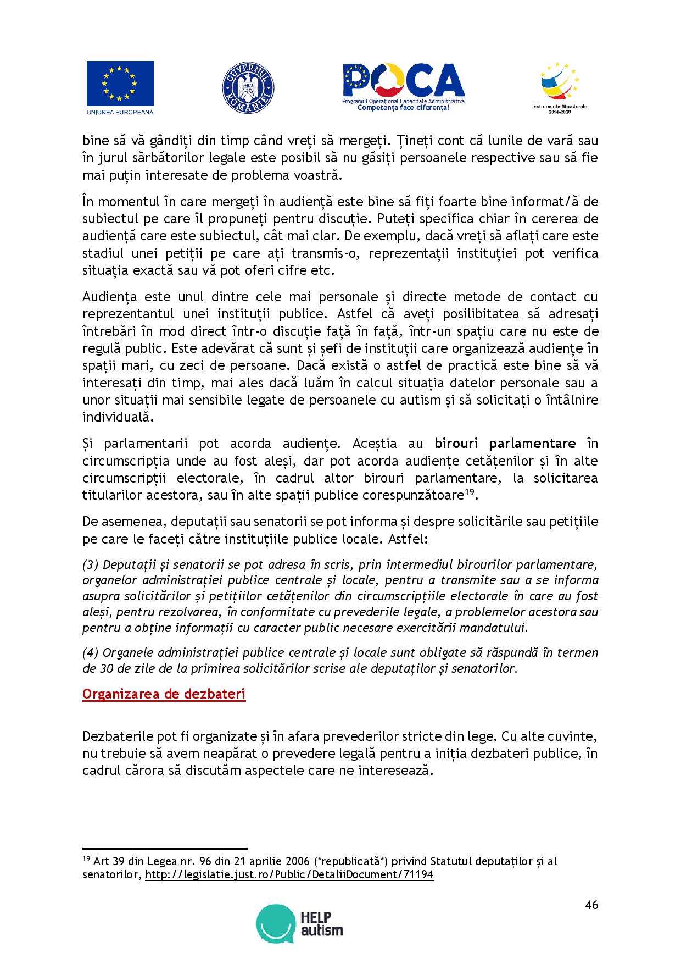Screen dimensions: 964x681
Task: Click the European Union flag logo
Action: click(x=120, y=84)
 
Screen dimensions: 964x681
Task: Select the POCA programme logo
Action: click(x=404, y=84)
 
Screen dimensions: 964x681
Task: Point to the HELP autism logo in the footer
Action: click(x=300, y=925)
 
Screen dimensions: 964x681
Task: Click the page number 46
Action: click(x=591, y=905)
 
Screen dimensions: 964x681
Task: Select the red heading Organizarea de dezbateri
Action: click(x=164, y=694)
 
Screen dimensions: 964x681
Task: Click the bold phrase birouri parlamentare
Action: click(x=505, y=443)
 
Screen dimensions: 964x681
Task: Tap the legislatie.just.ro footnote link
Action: click(x=289, y=874)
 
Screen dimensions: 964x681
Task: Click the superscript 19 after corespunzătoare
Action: click(x=470, y=491)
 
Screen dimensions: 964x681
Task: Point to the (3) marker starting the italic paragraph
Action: click(x=90, y=564)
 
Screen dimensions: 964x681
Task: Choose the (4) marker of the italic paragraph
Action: click(x=90, y=652)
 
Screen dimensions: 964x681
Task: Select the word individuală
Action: click(x=116, y=417)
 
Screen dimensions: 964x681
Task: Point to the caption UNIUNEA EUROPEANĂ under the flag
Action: click(x=120, y=112)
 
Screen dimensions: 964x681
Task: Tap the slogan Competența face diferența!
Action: click(x=403, y=108)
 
